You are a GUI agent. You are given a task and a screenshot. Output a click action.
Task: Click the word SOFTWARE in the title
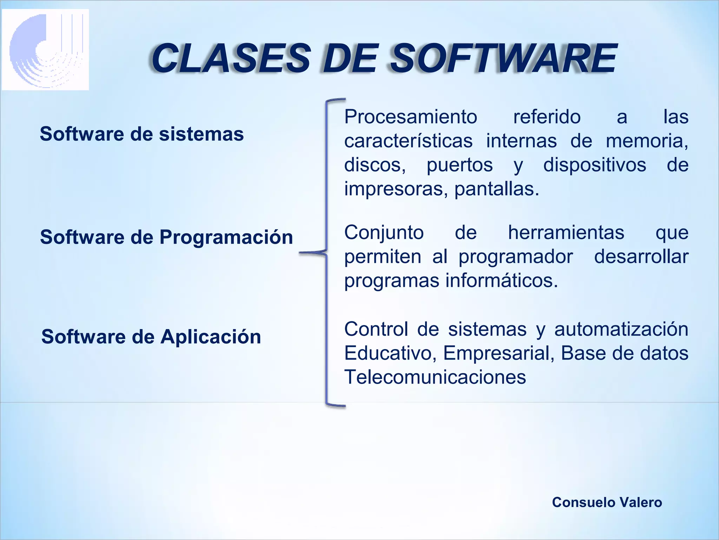[503, 58]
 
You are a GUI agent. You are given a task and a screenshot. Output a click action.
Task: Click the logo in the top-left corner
[46, 50]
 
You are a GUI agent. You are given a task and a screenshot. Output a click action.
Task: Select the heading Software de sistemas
[142, 134]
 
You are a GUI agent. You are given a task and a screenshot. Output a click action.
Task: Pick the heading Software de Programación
[166, 237]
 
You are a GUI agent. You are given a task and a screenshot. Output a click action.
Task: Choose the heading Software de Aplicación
[151, 337]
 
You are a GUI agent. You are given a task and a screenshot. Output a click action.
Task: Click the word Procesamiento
[411, 117]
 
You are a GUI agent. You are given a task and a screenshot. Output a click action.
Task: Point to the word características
[408, 141]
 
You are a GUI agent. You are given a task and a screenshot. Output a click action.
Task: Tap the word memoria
[647, 141]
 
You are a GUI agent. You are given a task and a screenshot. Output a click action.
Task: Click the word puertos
[460, 165]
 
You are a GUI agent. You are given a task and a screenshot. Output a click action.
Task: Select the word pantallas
[496, 189]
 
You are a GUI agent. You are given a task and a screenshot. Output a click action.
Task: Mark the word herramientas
[566, 233]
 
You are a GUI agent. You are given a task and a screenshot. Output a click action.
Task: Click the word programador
[516, 257]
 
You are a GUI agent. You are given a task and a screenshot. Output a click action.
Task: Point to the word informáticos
[502, 281]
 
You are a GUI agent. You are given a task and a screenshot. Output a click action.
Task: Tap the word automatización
[621, 329]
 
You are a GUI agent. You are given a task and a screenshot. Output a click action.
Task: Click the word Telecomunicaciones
[435, 377]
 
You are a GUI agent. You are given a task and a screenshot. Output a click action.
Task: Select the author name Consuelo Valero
[607, 502]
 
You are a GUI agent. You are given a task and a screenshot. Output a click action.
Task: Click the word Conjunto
[384, 233]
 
